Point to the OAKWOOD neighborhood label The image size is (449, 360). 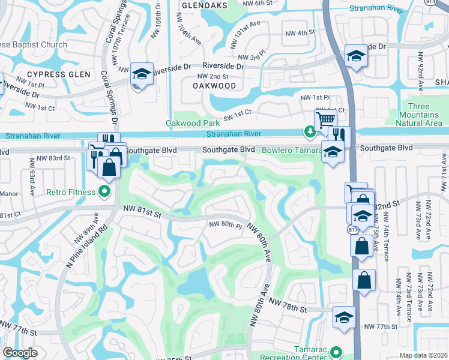pos(214,86)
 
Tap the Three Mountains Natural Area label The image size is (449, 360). pos(420,115)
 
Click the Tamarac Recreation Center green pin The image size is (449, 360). pos(336,353)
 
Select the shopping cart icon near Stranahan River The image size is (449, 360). pos(325,119)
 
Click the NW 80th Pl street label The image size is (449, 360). pos(225,225)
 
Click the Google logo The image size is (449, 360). pos(20,353)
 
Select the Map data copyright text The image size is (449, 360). pos(423,355)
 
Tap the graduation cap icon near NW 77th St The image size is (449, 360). pos(344,317)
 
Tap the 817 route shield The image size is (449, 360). pos(351,229)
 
